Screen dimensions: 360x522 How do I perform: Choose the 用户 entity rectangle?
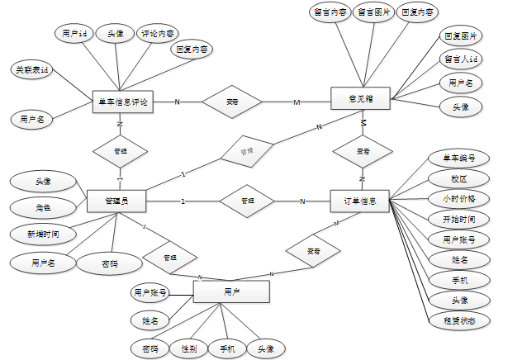tap(231, 292)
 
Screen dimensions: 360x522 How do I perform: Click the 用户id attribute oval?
tap(75, 34)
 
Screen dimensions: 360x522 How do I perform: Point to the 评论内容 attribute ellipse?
tap(158, 34)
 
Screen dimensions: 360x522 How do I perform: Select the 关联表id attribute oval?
tap(32, 70)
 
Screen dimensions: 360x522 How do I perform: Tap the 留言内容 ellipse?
tap(329, 12)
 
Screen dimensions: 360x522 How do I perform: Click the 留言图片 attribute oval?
tap(373, 12)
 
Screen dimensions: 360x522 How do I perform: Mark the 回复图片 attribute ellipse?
tap(461, 36)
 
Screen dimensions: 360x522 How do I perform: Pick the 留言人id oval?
tap(461, 59)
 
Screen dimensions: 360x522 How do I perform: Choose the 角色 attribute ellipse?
tap(43, 207)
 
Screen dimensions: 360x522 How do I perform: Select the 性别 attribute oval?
tap(188, 349)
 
